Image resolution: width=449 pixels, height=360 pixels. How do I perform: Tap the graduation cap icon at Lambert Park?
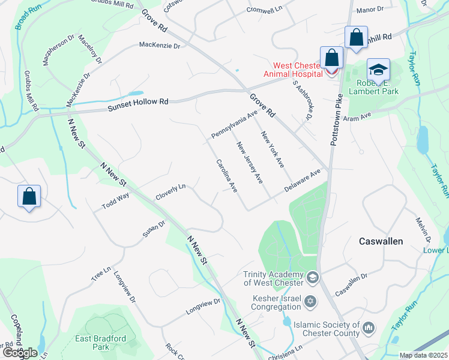tap(378, 70)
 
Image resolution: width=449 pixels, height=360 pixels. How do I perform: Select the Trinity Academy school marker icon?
tap(312, 278)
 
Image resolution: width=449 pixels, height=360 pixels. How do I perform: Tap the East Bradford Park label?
tap(101, 343)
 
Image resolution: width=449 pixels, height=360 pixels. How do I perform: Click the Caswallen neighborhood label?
tap(381, 241)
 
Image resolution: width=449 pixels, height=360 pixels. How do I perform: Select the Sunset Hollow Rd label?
tap(138, 103)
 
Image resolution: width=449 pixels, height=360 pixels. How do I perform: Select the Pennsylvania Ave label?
tap(234, 123)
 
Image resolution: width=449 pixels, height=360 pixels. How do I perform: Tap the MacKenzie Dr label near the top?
tap(159, 45)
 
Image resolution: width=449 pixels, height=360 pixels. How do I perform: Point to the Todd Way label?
tap(115, 200)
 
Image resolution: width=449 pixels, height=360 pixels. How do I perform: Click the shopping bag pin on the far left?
tap(29, 197)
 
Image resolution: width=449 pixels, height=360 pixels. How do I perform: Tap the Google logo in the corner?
tap(19, 352)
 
